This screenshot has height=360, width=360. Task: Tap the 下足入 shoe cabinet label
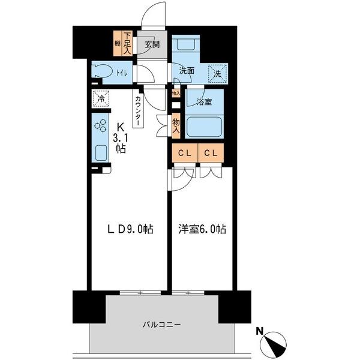click(x=127, y=43)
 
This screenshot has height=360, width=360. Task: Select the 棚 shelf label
click(x=118, y=43)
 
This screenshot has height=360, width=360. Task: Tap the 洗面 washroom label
click(x=186, y=70)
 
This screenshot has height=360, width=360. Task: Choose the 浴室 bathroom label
click(x=204, y=103)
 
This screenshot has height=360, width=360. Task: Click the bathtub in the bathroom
click(x=204, y=127)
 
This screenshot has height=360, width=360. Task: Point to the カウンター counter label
click(x=138, y=110)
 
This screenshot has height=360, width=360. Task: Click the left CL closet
click(x=184, y=153)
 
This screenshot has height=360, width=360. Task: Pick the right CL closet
click(x=210, y=153)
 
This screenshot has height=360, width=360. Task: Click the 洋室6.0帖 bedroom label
click(x=201, y=229)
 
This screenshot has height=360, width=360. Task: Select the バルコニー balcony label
click(x=162, y=325)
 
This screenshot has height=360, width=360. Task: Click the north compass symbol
click(x=275, y=344)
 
